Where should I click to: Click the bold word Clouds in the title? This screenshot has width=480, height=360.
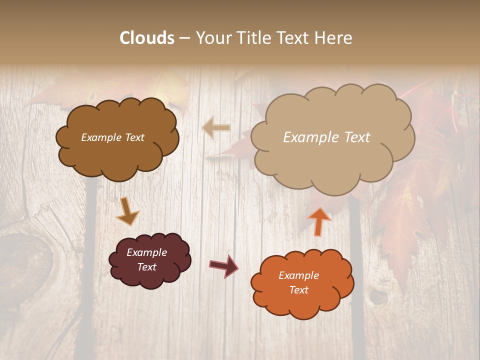147,38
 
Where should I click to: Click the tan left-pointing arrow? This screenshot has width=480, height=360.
216,128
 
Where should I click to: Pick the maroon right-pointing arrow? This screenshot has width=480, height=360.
224,265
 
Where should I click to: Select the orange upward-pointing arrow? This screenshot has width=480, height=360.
319,220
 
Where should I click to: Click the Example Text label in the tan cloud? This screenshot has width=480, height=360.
326,137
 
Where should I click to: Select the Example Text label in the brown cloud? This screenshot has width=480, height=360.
112,137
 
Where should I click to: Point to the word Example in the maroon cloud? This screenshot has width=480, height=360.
147,252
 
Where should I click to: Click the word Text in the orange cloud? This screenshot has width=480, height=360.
299,290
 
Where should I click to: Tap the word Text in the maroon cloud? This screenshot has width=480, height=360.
147,267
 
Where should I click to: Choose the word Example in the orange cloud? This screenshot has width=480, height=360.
299,275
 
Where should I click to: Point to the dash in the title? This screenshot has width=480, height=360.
184,38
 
